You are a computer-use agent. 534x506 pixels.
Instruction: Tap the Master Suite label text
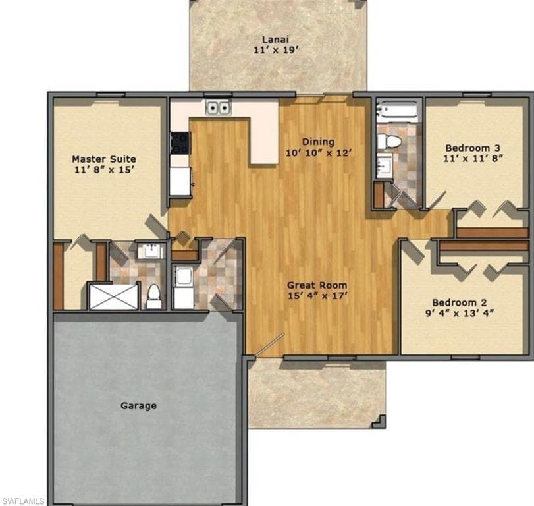[x=104, y=159]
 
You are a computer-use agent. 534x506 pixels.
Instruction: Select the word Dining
[x=318, y=142]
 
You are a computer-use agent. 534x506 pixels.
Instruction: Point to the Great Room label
[x=317, y=285]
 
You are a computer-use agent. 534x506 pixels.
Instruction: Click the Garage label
[x=138, y=406]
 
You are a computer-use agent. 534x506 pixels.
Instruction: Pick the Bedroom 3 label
[x=473, y=148]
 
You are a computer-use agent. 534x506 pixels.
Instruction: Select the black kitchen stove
[x=179, y=143]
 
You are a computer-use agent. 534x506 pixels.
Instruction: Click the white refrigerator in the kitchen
[x=180, y=181]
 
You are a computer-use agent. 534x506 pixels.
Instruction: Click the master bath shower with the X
[x=114, y=296]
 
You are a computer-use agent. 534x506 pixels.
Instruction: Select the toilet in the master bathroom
[x=153, y=297]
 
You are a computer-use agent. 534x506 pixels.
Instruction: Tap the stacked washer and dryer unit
[x=183, y=288]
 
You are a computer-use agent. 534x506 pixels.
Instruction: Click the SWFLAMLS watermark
[x=23, y=501]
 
